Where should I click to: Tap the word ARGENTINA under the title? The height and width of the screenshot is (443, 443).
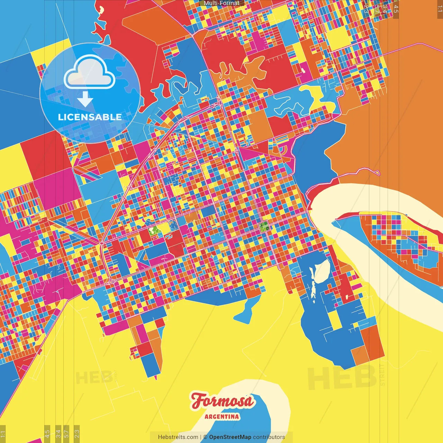point(222,416)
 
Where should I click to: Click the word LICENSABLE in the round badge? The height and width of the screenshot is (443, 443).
point(90,117)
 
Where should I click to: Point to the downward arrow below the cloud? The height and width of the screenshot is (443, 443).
point(85,100)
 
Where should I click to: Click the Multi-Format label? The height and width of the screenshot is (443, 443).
point(221,3)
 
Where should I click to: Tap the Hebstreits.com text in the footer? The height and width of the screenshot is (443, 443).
point(178,437)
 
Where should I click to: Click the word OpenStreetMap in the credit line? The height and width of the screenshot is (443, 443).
point(230,437)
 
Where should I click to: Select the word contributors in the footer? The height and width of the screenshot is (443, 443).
point(269,437)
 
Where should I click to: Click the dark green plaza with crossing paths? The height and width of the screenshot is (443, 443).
point(265,227)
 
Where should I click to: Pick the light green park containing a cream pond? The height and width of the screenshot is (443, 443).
point(153,230)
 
